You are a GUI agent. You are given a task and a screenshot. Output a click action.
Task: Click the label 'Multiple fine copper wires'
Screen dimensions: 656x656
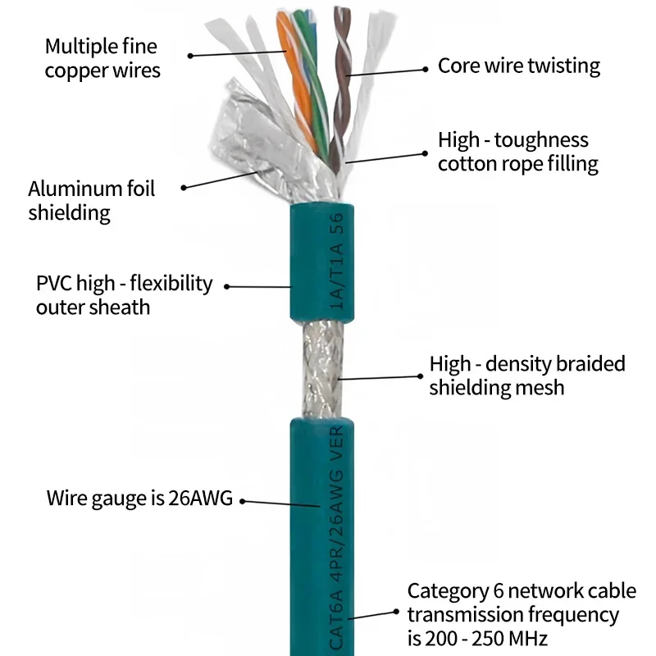pyautogui.click(x=102, y=58)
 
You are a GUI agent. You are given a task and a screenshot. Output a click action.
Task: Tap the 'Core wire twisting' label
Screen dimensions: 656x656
pyautogui.click(x=518, y=66)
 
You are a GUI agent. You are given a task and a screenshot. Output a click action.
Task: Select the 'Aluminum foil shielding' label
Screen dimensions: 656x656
pyautogui.click(x=91, y=201)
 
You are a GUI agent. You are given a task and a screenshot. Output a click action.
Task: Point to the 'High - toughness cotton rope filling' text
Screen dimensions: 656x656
pyautogui.click(x=517, y=152)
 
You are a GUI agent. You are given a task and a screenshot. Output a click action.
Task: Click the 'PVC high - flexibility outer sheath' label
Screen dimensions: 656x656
pyautogui.click(x=124, y=295)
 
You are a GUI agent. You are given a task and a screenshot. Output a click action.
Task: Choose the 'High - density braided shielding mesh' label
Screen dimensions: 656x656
pyautogui.click(x=526, y=375)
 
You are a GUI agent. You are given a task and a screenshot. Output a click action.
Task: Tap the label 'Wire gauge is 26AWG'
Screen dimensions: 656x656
pyautogui.click(x=139, y=497)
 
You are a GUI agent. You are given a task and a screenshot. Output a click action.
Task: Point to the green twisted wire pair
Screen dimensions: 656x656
pyautogui.click(x=316, y=82)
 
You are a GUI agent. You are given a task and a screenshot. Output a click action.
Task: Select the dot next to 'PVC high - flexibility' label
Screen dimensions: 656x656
pyautogui.click(x=227, y=287)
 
